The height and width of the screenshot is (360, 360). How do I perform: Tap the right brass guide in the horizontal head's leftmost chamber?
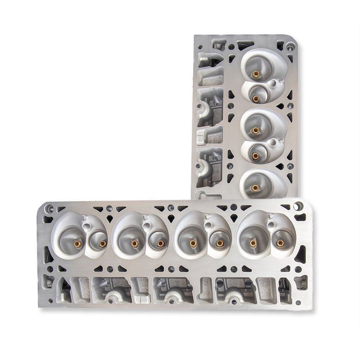coord(103,244)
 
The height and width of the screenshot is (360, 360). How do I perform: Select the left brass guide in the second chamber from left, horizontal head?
coord(134,244)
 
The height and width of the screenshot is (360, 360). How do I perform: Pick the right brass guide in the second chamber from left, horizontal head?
coord(161,244)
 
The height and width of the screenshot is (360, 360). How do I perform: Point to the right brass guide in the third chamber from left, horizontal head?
coord(219,244)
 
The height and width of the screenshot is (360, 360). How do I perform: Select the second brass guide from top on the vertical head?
coord(255,98)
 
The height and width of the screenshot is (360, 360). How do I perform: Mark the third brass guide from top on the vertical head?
coord(255,130)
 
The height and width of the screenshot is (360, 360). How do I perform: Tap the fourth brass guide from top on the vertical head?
coord(255,156)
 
